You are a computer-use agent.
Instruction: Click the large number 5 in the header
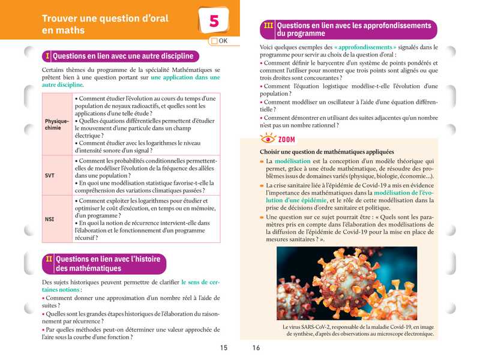tap(214, 21)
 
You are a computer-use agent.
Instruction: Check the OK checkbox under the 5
tap(214, 41)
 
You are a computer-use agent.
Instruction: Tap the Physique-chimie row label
tap(57, 124)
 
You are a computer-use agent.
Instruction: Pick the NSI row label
tap(50, 219)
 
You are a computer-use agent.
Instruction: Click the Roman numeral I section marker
tap(47, 56)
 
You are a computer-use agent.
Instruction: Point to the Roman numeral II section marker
tap(49, 259)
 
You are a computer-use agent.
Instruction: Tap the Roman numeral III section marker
tap(269, 26)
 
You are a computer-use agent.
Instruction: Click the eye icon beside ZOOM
tap(267, 139)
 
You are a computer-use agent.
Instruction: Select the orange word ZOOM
tap(286, 140)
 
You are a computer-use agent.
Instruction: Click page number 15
tap(223, 347)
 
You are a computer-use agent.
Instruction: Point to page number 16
tap(256, 347)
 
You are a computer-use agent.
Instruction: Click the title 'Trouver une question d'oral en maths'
tap(106, 23)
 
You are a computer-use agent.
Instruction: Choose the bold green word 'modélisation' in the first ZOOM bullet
tap(293, 161)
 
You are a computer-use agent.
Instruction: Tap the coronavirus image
tap(347, 283)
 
